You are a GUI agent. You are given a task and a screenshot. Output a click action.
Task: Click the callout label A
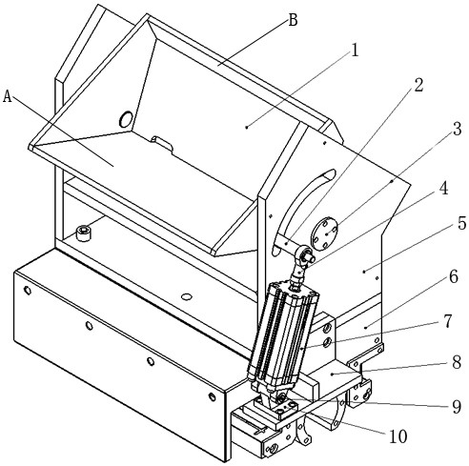coord(7,96)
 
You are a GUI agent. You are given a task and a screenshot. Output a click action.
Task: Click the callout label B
coord(293,20)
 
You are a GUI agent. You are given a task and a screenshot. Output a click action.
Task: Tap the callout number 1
coord(356,51)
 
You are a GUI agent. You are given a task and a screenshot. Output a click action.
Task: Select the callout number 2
coord(418,85)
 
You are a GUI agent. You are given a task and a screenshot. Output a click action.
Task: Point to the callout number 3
coord(457,129)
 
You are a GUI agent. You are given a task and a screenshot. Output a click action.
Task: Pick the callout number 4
coord(443,188)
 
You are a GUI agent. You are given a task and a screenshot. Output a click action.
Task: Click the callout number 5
coord(461,223)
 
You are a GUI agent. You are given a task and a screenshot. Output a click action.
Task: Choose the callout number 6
coord(454,276)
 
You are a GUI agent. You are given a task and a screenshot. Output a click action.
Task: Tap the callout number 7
coord(447,321)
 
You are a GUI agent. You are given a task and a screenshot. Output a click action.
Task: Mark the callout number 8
coord(457,362)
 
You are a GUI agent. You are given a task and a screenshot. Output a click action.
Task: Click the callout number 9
coord(457,406)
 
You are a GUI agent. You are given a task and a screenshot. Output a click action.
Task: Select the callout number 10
coord(398,436)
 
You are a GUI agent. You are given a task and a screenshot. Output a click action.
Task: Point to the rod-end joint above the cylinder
coord(302,260)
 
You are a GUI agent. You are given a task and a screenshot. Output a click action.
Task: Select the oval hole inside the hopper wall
coord(126,119)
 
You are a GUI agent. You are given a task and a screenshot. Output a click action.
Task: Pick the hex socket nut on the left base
coord(84,233)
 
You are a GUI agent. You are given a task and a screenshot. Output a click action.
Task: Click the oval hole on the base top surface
coord(187,297)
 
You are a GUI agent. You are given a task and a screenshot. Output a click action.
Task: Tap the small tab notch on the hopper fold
coord(162,143)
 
